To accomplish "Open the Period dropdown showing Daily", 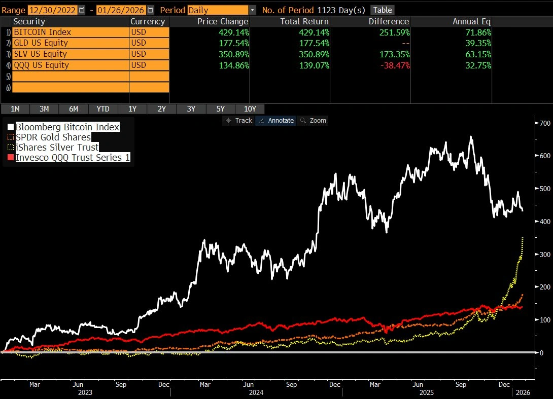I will (x=222, y=10).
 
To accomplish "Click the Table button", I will (x=383, y=10).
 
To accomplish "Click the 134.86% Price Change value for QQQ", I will (x=231, y=65).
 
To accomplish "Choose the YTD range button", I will (x=102, y=108).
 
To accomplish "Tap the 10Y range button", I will (x=250, y=108).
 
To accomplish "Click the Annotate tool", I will (x=276, y=120).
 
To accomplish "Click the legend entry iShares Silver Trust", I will (x=57, y=148).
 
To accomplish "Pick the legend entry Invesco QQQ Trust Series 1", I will (x=73, y=158).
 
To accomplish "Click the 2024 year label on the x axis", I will (x=256, y=392).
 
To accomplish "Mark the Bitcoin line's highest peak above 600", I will (x=471, y=136).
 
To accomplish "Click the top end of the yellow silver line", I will (x=523, y=237).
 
